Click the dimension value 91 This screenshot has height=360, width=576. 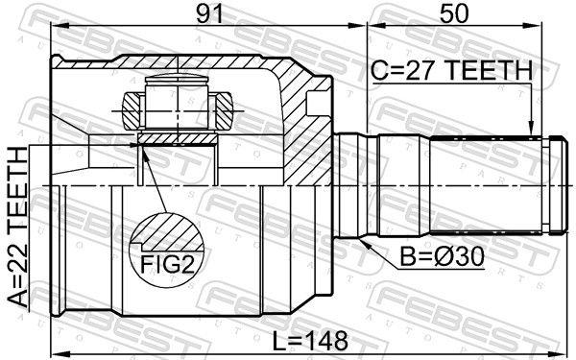(209, 14)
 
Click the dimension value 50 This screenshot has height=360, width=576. (454, 14)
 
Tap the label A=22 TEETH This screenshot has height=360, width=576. (18, 227)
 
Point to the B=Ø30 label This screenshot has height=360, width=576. (442, 256)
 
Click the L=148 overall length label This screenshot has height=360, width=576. (310, 340)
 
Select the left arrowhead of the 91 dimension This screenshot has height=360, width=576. (60, 26)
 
